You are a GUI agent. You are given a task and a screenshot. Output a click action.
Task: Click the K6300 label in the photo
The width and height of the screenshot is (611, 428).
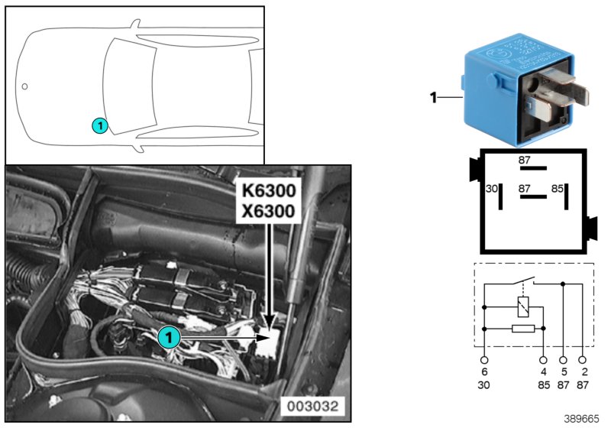[267, 190]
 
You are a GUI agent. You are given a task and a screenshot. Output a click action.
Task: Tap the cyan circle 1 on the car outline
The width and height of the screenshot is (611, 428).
[99, 125]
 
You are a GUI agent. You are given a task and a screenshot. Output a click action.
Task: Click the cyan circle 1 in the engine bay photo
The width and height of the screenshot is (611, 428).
[169, 336]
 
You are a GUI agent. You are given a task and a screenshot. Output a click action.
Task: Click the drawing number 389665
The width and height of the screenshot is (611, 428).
[582, 419]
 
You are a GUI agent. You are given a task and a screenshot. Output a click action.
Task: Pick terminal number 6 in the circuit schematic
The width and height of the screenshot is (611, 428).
[484, 372]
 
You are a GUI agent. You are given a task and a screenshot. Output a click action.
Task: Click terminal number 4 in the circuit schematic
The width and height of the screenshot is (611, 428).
[543, 372]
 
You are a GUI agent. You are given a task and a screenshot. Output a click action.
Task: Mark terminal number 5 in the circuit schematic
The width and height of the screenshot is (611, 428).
[564, 372]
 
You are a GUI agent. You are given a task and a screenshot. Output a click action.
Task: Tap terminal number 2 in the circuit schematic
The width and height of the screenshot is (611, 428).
[584, 372]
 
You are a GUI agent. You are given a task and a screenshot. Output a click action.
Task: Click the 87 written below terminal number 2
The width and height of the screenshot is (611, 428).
[584, 385]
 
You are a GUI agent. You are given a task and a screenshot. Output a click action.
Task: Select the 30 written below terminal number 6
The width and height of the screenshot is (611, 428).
[484, 385]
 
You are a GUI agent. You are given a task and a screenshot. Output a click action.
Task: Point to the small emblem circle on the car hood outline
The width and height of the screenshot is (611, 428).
[24, 86]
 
